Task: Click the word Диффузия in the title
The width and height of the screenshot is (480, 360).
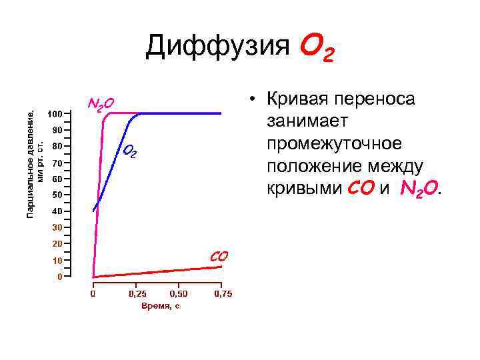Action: coord(217,46)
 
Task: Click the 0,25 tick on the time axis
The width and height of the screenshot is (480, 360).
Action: coord(137,293)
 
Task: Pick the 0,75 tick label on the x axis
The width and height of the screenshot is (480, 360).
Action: coord(223,293)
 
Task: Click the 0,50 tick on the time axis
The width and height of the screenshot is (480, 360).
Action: coord(179,293)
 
